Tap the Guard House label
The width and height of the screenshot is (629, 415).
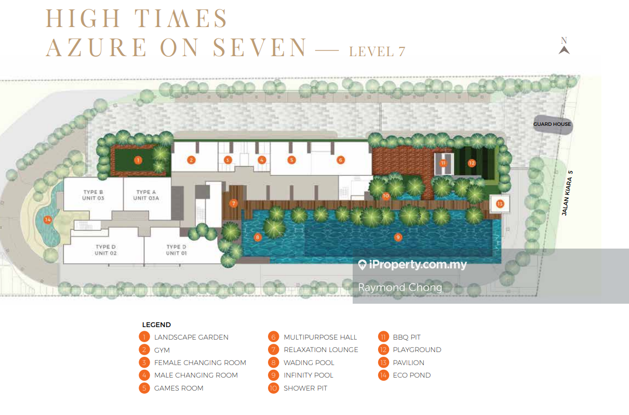point(552,124)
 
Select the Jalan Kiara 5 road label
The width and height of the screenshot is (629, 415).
point(567,193)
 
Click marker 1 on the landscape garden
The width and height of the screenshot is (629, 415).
point(138,160)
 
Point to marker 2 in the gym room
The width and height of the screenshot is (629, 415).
point(191,160)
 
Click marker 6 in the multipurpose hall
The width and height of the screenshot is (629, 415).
point(341,160)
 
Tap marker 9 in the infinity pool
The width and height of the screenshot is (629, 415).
point(398,237)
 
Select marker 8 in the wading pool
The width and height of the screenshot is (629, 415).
point(258,237)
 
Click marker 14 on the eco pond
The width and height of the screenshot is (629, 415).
point(48,219)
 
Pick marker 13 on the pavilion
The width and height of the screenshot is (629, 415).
point(500,204)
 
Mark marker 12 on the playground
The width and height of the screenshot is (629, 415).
point(472,163)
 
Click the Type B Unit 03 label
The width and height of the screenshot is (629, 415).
point(93,195)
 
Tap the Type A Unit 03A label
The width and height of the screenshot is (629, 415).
point(146,195)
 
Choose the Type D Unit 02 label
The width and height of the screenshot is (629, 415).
point(105,250)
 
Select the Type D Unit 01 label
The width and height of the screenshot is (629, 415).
point(177,250)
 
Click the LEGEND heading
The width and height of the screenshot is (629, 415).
point(156,325)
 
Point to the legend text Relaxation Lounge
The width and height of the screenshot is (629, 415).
point(321,350)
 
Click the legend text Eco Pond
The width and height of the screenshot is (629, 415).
point(412,375)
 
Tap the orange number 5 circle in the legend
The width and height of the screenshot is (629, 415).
point(144,388)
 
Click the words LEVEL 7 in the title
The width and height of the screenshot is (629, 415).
point(377,51)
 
